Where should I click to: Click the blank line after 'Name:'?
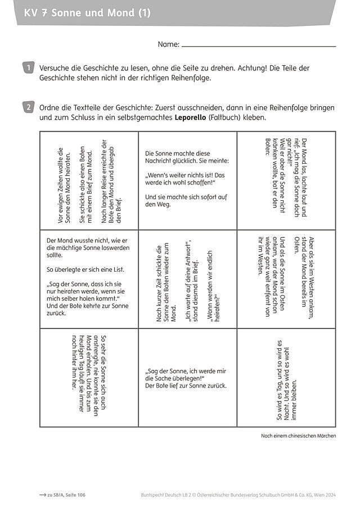[259, 46]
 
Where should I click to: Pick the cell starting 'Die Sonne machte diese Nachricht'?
[187, 180]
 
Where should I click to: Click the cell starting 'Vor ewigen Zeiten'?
[89, 180]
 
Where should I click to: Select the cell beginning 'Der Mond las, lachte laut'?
[286, 180]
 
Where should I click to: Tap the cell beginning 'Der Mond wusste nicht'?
[89, 278]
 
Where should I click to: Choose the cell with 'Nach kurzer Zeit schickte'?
[187, 278]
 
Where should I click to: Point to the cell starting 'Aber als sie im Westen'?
[286, 278]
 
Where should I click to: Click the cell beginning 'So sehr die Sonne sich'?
[89, 377]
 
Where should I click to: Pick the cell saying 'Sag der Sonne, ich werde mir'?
[187, 378]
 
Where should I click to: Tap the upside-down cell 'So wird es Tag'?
[286, 378]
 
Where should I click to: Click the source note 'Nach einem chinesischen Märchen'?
[298, 436]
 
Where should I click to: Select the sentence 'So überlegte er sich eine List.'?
[85, 269]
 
